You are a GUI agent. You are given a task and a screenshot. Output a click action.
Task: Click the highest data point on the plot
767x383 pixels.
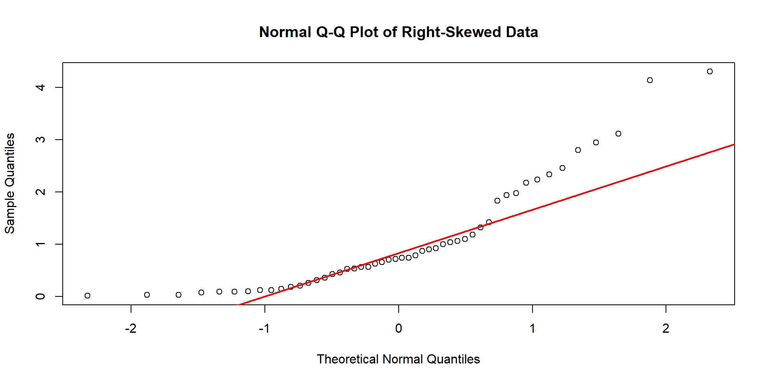pyautogui.click(x=709, y=72)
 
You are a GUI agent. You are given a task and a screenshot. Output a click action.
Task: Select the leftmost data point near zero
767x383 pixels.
pyautogui.click(x=87, y=296)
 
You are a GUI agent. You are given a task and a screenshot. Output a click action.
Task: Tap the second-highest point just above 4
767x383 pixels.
pyautogui.click(x=650, y=80)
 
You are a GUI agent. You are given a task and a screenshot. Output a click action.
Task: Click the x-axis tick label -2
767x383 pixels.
pyautogui.click(x=131, y=329)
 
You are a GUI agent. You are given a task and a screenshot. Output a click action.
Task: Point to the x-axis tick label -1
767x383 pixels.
pyautogui.click(x=264, y=329)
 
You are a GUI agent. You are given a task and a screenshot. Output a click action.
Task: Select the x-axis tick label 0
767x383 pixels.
pyautogui.click(x=398, y=329)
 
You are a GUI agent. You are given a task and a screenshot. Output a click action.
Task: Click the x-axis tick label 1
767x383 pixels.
pyautogui.click(x=532, y=329)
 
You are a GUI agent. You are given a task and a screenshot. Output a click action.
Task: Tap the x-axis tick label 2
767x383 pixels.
pyautogui.click(x=666, y=329)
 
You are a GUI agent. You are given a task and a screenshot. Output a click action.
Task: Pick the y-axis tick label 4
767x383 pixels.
pyautogui.click(x=40, y=87)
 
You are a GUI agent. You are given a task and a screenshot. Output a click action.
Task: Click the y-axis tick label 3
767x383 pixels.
pyautogui.click(x=40, y=140)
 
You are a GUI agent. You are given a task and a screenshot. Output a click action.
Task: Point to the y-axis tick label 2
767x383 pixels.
pyautogui.click(x=40, y=192)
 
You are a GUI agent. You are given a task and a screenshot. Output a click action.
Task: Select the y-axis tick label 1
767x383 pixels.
pyautogui.click(x=40, y=244)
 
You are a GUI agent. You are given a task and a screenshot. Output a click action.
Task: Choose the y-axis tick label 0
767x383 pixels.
pyautogui.click(x=40, y=296)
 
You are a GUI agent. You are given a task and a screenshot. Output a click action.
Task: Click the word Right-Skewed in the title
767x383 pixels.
pyautogui.click(x=451, y=32)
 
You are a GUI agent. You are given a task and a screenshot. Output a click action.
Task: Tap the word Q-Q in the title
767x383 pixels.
pyautogui.click(x=330, y=32)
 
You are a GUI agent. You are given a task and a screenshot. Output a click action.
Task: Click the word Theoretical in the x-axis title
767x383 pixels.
pyautogui.click(x=348, y=359)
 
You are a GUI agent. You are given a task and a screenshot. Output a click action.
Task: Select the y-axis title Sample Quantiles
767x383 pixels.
pyautogui.click(x=10, y=183)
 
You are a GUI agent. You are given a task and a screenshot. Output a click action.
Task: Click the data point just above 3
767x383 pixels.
pyautogui.click(x=618, y=134)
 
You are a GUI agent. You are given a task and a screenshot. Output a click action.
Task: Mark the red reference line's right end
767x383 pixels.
pyautogui.click(x=733, y=144)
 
